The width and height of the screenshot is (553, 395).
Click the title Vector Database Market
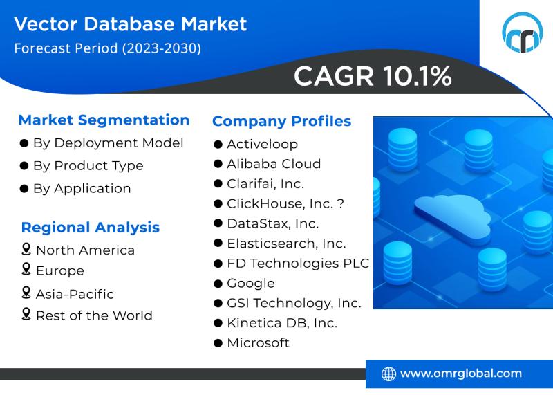pos(131,24)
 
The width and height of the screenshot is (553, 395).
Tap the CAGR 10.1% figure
pos(373,76)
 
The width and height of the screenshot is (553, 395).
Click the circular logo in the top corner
pos(522,33)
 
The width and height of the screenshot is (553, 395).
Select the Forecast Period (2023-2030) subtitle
pos(108,48)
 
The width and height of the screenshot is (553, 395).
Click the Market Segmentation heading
pos(104,120)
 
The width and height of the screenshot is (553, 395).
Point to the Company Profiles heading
pos(281,121)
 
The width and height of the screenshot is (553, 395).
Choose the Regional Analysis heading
pos(91,228)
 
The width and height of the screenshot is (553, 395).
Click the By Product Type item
pos(88,165)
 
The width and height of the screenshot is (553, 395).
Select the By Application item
pos(82,188)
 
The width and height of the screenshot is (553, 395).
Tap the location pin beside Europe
pos(26,268)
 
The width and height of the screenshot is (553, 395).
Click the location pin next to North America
pos(26,249)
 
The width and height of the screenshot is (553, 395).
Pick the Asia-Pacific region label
pos(75,294)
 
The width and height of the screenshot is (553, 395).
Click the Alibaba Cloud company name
pos(274,164)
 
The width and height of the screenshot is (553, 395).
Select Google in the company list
pos(251,283)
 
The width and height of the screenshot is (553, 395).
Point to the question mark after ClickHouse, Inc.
pos(340,203)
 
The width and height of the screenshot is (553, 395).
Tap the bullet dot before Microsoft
pos(218,342)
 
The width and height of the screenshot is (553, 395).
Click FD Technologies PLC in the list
pos(298,264)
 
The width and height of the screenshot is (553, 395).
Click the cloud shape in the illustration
pos(453,214)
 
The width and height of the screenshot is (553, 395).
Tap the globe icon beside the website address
pos(388,374)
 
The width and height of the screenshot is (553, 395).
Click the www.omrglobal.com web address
pos(460,374)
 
